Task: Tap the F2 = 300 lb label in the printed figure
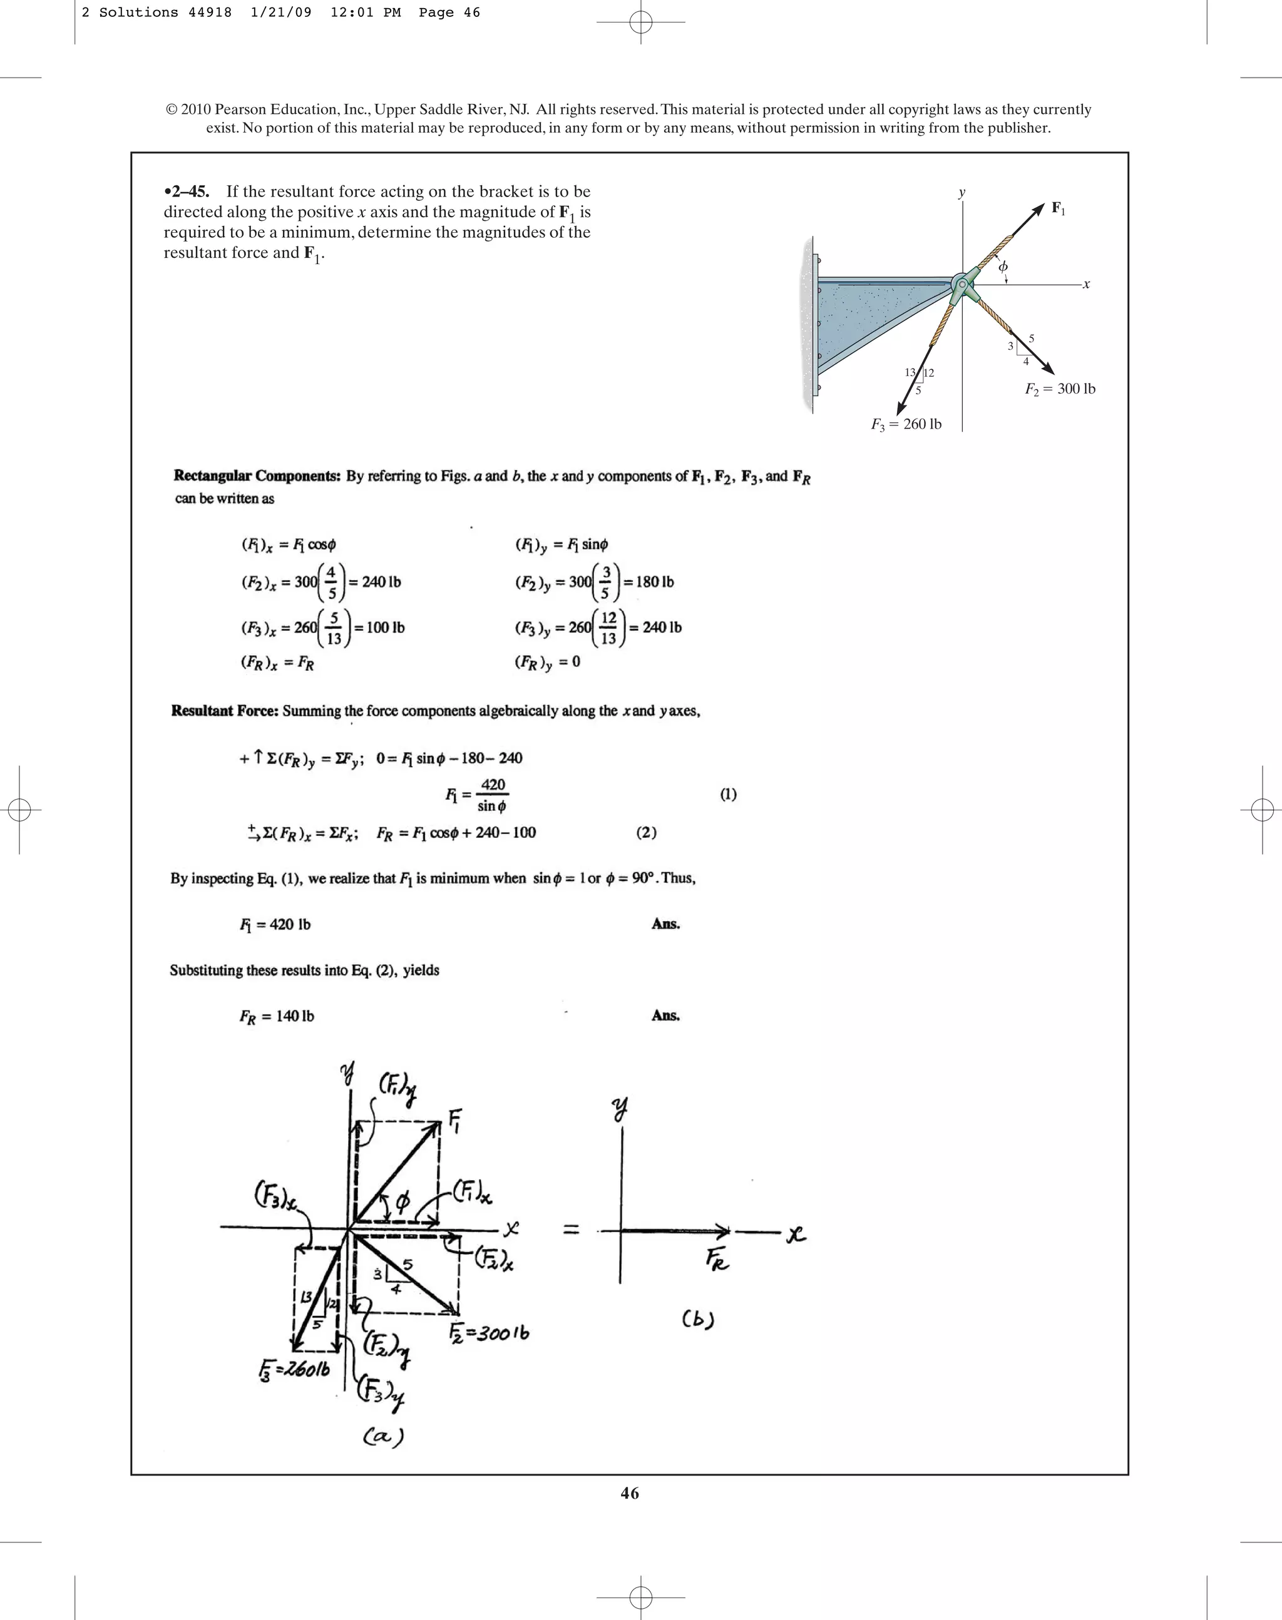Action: pos(1060,389)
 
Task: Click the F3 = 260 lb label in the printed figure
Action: pos(906,424)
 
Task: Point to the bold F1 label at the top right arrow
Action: pos(1057,208)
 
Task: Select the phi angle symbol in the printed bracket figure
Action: pos(1003,267)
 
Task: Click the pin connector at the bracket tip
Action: pos(963,284)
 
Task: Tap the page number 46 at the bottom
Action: pos(630,1493)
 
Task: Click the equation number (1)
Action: pos(728,794)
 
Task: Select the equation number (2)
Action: pos(646,832)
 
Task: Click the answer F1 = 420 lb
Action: pos(275,924)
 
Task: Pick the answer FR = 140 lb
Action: pos(276,1017)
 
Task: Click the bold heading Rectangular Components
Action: pos(257,476)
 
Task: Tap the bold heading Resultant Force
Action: pos(225,711)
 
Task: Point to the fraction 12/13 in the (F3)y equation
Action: pos(608,628)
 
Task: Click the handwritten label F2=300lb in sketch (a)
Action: pos(489,1333)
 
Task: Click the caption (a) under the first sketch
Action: pos(384,1436)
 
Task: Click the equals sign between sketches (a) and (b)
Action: pos(571,1229)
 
